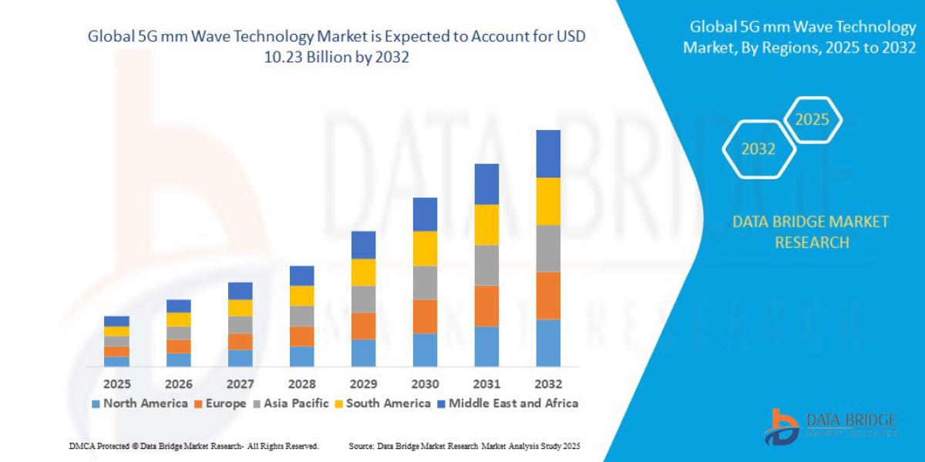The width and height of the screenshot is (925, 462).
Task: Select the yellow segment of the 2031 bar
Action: (x=486, y=225)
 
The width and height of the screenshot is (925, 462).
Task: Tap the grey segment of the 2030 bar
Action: (x=425, y=283)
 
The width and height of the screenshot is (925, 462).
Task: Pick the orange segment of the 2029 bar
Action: (x=363, y=326)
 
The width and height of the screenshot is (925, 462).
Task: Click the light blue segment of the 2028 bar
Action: (x=301, y=356)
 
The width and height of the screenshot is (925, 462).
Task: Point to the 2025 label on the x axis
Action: (x=117, y=383)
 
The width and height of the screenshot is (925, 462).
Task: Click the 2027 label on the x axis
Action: (x=240, y=383)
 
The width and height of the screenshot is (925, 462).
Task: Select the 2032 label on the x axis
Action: (x=548, y=383)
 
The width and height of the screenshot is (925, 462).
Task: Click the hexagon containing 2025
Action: (x=812, y=120)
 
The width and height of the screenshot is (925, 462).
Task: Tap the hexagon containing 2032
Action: (x=758, y=149)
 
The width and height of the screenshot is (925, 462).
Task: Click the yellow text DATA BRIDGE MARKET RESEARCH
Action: (x=810, y=232)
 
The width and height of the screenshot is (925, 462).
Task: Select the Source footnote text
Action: (x=464, y=447)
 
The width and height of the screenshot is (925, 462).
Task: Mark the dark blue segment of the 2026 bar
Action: (x=179, y=306)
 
